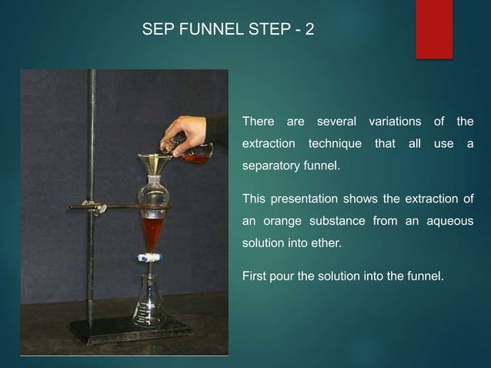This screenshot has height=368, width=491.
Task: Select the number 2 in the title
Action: point(309,31)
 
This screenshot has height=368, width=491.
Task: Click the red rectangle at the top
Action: point(433,28)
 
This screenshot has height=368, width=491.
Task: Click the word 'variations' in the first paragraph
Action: point(395,122)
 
